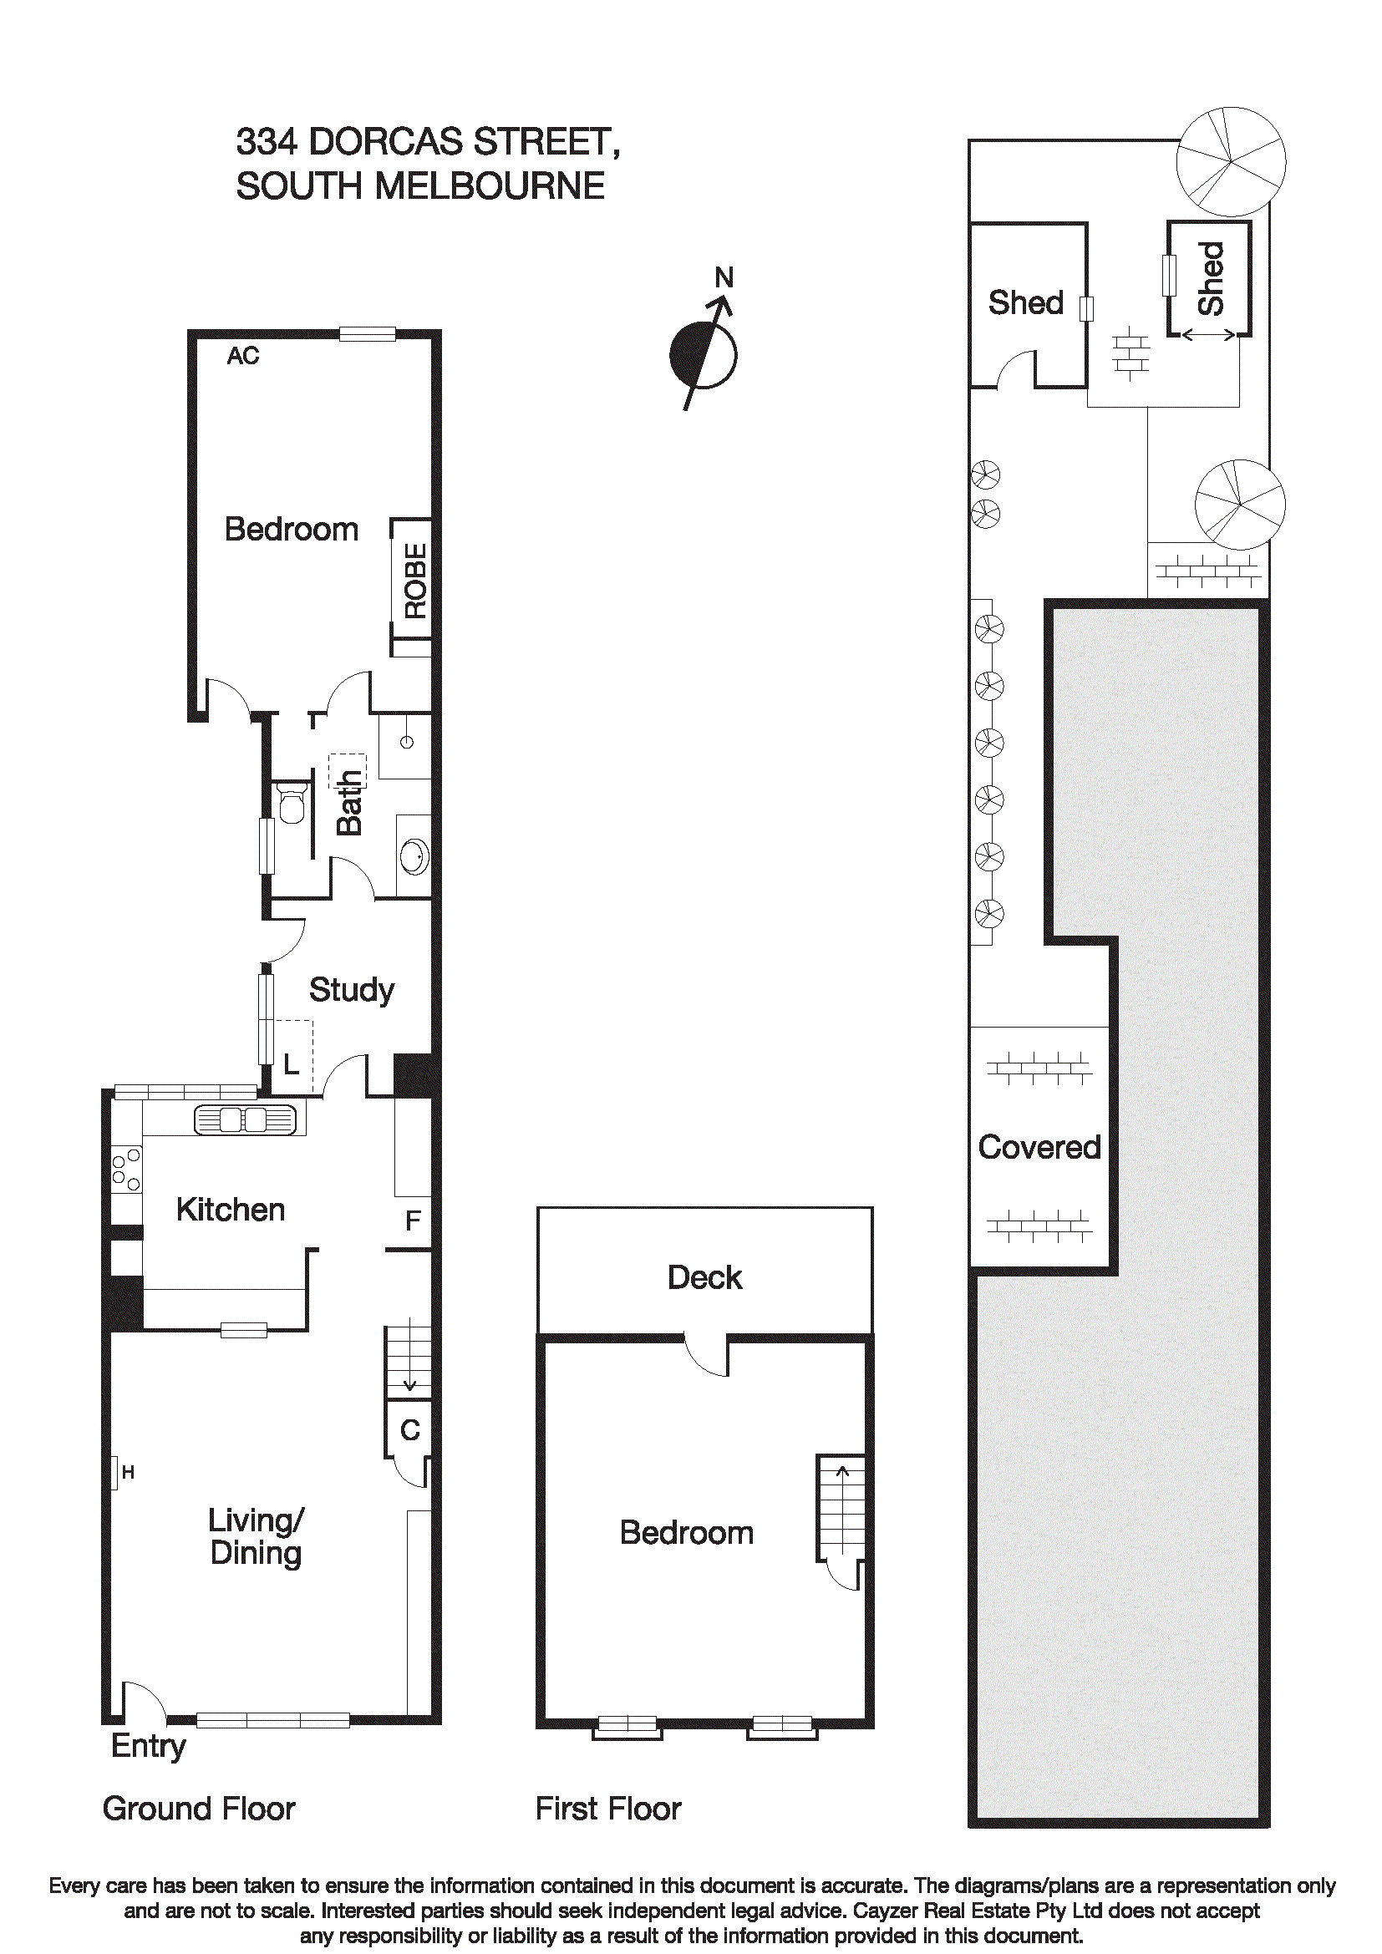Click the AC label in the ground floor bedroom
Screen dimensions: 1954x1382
click(242, 356)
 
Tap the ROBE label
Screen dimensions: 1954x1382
click(415, 581)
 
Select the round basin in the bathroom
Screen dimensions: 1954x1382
click(414, 856)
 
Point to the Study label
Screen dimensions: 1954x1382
click(351, 990)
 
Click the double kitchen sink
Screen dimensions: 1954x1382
click(245, 1119)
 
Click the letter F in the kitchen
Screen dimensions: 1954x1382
click(413, 1221)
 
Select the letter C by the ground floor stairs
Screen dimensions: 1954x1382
click(409, 1429)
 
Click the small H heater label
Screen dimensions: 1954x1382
click(128, 1472)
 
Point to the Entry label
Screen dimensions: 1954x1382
click(148, 1746)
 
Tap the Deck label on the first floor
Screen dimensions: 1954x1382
click(704, 1277)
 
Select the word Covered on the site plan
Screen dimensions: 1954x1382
click(1039, 1147)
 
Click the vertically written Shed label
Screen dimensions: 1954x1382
click(1209, 278)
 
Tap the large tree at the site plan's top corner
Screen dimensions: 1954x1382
click(1230, 161)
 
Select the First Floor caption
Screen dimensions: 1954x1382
click(607, 1809)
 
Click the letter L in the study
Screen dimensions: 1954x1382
click(291, 1064)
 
